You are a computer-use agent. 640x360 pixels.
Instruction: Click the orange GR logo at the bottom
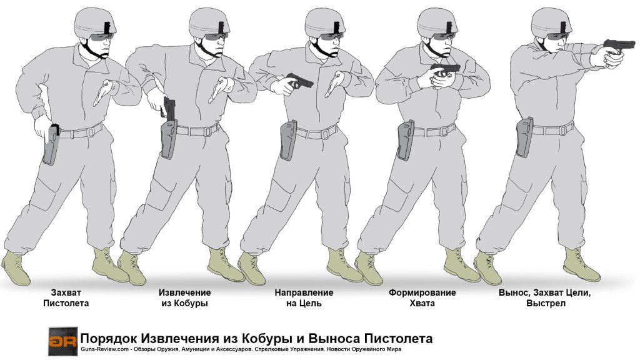pos(63,342)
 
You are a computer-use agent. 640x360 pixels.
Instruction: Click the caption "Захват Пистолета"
pos(66,298)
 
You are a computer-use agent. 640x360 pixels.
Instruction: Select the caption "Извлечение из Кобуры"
pos(184,298)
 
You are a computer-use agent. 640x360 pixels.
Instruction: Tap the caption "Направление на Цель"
pos(304,298)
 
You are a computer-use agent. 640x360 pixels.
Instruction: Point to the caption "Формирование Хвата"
pos(422,298)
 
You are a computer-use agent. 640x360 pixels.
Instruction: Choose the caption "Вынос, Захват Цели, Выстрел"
pos(545,298)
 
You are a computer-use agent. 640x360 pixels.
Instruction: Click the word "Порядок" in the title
pos(109,338)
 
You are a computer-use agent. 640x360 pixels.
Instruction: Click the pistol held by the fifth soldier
pos(618,45)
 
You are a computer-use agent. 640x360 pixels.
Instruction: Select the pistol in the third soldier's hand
pos(299,81)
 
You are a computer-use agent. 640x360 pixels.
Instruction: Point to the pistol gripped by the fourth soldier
pos(445,69)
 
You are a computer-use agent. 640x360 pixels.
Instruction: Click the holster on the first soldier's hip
pos(51,144)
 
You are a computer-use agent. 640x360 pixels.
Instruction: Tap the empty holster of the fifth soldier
pos(524,137)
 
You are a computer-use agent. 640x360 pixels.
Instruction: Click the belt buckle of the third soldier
pos(325,134)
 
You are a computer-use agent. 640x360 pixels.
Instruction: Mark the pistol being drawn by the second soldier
pos(168,107)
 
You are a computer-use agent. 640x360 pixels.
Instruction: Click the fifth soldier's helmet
pos(551,23)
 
